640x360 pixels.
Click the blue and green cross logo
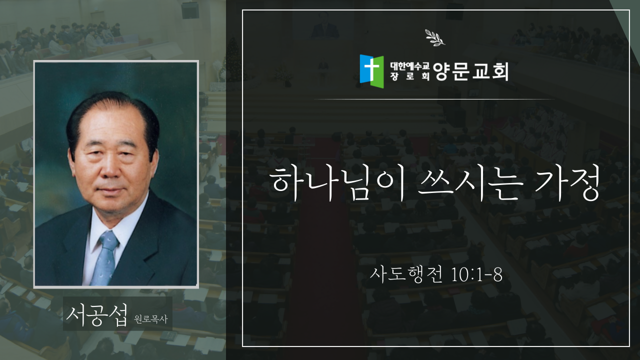[x=371, y=71]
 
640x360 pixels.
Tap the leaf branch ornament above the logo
[x=435, y=37]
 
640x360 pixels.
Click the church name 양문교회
[x=470, y=71]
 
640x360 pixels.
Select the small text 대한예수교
[x=409, y=66]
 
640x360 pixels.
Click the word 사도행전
[x=406, y=274]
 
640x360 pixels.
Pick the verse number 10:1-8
[x=476, y=275]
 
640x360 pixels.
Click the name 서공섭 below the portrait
[x=97, y=314]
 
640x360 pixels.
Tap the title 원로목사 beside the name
[x=150, y=319]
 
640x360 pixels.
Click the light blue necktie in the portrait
[x=105, y=257]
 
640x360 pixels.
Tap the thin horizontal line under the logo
[x=434, y=99]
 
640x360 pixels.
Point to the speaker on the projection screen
[x=324, y=26]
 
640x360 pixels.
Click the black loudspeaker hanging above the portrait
[x=190, y=10]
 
